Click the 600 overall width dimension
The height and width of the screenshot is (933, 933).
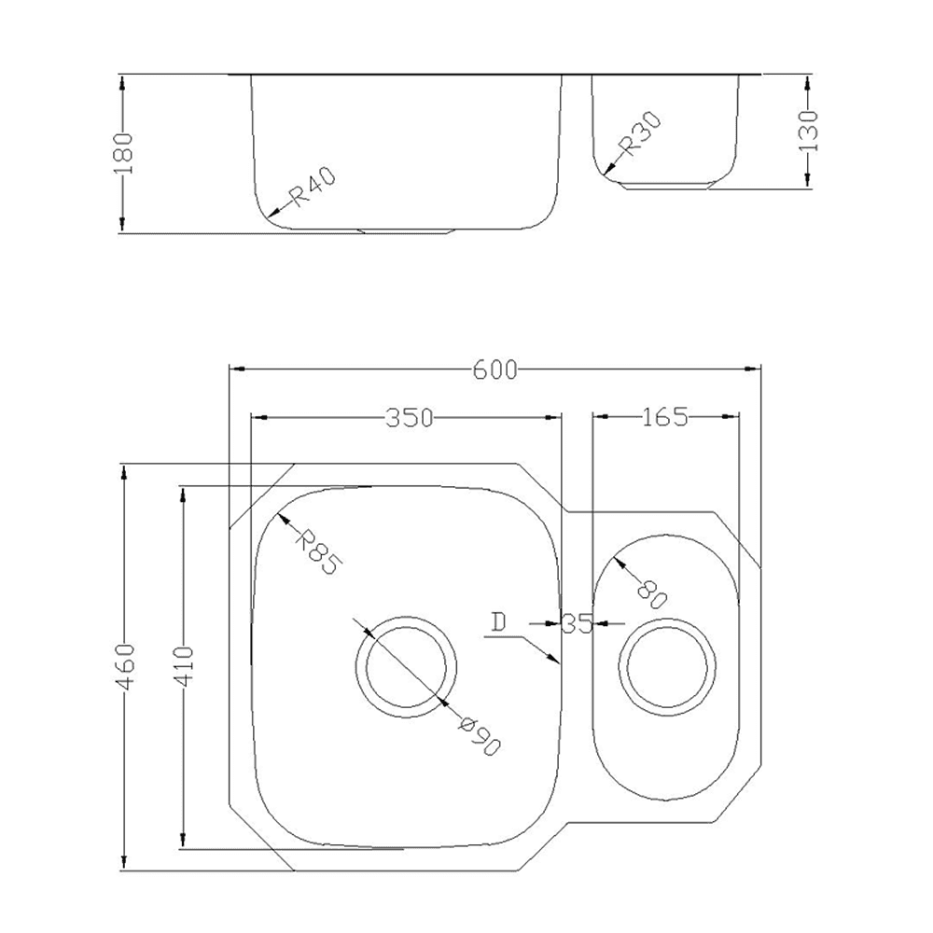coord(494,369)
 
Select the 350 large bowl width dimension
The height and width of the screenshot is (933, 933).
coord(410,417)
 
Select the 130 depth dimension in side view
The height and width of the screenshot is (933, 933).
coord(808,131)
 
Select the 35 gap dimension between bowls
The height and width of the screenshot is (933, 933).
coord(578,623)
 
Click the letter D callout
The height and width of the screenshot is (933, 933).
coord(498,621)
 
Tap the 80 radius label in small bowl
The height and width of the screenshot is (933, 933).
coord(651,592)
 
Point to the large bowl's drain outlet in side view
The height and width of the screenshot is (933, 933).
coord(407,230)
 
